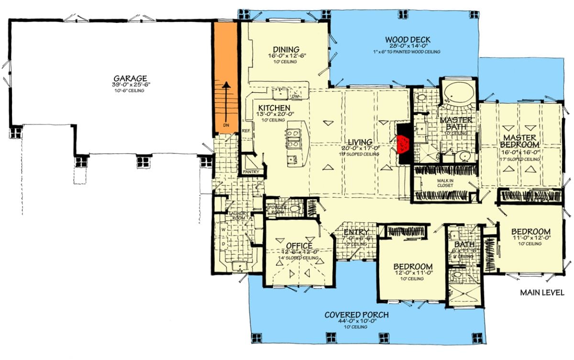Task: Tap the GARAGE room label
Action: click(x=130, y=79)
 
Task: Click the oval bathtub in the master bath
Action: click(x=458, y=92)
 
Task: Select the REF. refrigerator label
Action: click(x=247, y=130)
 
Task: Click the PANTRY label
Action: click(x=251, y=172)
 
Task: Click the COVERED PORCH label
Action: click(x=356, y=315)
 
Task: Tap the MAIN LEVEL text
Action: click(x=542, y=292)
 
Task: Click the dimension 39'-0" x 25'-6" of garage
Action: click(x=130, y=85)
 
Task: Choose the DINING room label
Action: click(x=286, y=49)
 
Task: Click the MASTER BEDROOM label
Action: click(x=520, y=140)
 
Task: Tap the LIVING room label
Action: click(x=360, y=142)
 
